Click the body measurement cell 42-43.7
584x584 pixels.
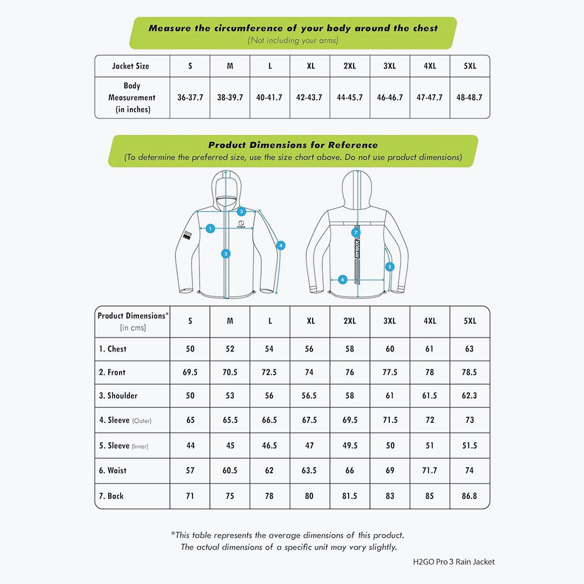310,98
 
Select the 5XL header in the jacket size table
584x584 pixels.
470,66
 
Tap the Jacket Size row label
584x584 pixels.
130,66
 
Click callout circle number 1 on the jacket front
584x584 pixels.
211,229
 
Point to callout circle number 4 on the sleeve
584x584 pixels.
281,245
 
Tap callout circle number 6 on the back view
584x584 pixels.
342,280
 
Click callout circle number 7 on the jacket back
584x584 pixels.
356,233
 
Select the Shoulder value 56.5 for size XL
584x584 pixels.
309,396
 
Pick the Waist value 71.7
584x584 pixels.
429,470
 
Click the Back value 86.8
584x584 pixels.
469,496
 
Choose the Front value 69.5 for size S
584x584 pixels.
190,373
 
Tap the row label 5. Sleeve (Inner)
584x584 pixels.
123,446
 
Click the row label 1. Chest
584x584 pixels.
113,349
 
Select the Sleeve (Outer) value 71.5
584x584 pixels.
390,420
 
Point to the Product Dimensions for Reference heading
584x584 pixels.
293,145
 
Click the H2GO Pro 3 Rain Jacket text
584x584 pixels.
454,561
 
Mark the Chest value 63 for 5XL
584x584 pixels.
469,349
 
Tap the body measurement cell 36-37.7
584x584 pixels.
190,98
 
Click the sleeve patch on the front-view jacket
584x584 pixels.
188,235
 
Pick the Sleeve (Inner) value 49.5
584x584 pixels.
350,446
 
